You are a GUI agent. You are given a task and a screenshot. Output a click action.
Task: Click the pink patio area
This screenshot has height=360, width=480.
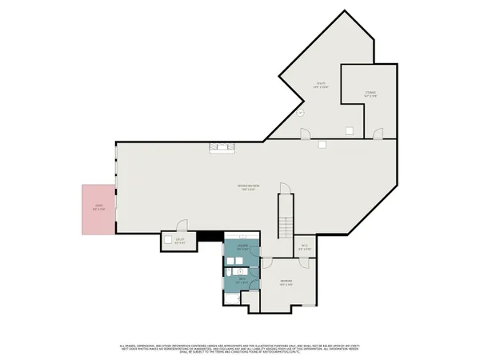98,210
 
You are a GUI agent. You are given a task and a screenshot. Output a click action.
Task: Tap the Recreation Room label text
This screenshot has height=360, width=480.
246,188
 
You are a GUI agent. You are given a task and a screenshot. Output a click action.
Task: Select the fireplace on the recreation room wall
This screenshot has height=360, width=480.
222,146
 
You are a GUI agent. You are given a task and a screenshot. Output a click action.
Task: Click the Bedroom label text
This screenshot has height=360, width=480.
285,282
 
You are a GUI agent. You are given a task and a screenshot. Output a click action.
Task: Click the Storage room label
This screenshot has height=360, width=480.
370,94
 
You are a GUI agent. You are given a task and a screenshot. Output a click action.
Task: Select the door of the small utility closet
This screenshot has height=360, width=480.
182,226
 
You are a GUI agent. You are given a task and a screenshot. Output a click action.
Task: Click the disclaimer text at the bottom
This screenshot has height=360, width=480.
240,347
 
